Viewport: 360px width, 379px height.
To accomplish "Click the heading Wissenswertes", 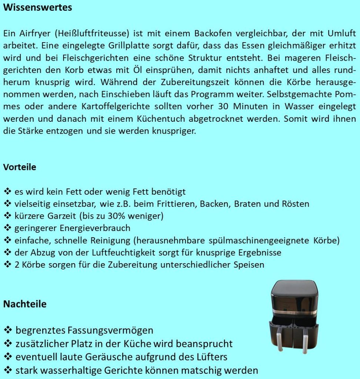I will pos(37,7).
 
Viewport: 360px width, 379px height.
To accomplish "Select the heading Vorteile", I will pos(20,167).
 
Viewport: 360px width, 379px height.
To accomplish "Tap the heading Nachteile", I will pos(25,304).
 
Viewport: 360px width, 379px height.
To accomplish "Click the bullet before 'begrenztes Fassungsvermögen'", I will pos(8,330).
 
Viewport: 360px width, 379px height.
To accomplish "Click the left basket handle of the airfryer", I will pos(280,339).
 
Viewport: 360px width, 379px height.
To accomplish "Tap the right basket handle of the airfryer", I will pos(305,339).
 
